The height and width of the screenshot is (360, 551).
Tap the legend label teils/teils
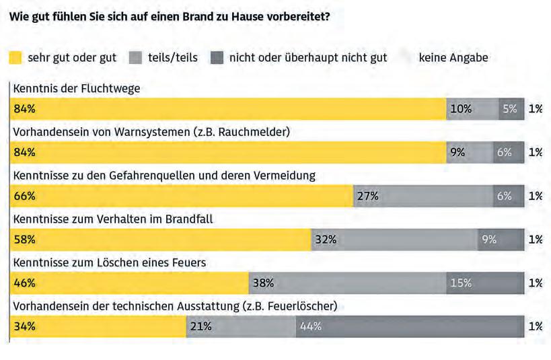coord(172,57)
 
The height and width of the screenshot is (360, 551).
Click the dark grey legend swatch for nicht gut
coord(217,57)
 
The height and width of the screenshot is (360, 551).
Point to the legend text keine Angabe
coord(453,57)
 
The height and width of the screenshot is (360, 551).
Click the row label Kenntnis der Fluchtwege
coord(77,88)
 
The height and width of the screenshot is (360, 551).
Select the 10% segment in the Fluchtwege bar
coord(472,108)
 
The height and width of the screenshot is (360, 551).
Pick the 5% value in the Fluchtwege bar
coord(511,108)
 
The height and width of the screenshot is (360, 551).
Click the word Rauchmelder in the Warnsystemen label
coord(258,132)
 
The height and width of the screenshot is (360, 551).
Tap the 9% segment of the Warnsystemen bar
coord(469,152)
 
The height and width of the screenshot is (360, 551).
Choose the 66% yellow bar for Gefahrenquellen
coord(182,196)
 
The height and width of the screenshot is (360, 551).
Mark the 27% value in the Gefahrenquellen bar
coord(423,196)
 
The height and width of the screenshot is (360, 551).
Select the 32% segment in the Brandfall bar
coord(394,240)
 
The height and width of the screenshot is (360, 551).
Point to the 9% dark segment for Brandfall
coord(501,240)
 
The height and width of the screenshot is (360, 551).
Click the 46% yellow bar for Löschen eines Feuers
coord(130,283)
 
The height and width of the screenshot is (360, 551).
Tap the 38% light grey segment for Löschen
coord(346,283)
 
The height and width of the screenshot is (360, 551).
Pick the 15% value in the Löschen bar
coord(484,283)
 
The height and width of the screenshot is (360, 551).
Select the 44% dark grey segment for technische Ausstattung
coord(409,327)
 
